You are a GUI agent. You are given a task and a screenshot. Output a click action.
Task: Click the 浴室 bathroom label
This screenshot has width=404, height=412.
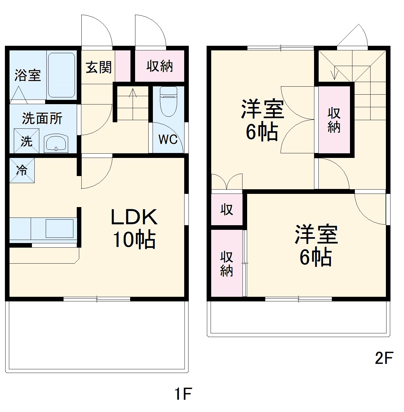click(28, 75)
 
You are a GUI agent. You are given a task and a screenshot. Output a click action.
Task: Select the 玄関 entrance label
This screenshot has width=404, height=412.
click(99, 67)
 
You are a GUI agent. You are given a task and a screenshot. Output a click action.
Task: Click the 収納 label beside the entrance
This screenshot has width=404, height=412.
click(160, 66)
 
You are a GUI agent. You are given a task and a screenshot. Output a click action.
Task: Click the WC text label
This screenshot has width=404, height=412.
click(168, 140)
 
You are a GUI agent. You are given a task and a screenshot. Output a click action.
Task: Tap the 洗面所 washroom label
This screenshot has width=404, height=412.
click(42, 118)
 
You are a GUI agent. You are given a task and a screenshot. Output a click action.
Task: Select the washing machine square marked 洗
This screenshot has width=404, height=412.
click(27, 141)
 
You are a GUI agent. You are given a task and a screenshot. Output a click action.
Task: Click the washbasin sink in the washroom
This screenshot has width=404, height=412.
click(56, 143)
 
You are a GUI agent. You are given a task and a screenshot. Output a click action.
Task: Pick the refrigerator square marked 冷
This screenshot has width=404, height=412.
click(22, 170)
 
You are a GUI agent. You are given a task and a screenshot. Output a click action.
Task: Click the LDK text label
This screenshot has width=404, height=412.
click(134, 217)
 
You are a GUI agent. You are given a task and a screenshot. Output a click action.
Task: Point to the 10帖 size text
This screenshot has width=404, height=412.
click(134, 239)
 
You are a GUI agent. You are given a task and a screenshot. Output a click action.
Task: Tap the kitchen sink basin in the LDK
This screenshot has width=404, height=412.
click(59, 228)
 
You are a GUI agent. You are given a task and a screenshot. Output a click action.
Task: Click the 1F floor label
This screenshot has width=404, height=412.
click(183, 394)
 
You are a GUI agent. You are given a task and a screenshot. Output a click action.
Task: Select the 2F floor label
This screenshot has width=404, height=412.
click(384, 358)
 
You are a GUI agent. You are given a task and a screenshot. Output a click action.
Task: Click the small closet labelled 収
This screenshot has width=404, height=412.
click(227, 210)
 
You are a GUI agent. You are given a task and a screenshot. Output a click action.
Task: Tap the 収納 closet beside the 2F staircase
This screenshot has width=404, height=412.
click(334, 120)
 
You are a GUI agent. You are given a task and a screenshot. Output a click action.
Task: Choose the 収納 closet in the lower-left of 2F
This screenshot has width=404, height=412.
click(227, 264)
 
